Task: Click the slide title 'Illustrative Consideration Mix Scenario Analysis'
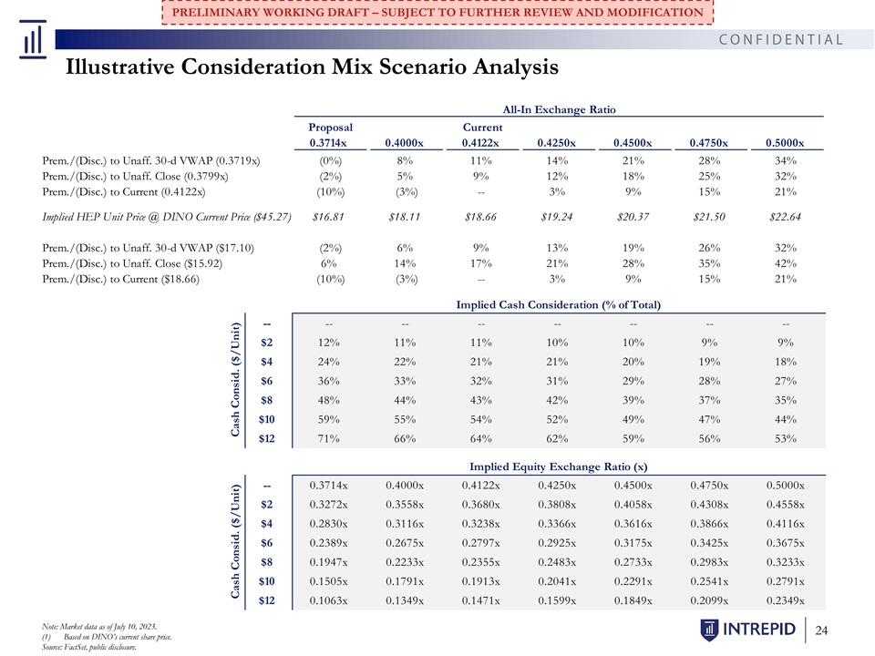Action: click(312, 67)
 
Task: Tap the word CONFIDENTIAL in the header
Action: click(781, 39)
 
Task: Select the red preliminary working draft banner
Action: click(437, 12)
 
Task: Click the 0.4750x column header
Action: click(709, 143)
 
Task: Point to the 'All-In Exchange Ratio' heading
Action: click(559, 109)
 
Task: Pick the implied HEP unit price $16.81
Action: click(328, 217)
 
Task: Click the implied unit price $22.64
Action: click(785, 217)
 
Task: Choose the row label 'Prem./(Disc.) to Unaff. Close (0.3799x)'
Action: click(135, 176)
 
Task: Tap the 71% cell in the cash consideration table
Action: click(329, 438)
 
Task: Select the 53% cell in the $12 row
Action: click(785, 438)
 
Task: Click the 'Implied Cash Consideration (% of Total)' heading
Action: click(558, 304)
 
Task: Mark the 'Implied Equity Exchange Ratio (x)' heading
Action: click(558, 466)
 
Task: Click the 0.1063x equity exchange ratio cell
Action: click(329, 600)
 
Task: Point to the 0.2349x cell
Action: click(785, 600)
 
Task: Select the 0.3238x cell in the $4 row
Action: click(481, 523)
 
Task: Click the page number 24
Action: click(821, 630)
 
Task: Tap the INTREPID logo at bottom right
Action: click(747, 630)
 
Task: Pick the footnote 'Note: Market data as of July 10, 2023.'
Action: click(99, 627)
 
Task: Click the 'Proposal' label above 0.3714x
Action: click(330, 128)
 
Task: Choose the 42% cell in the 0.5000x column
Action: click(785, 263)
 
